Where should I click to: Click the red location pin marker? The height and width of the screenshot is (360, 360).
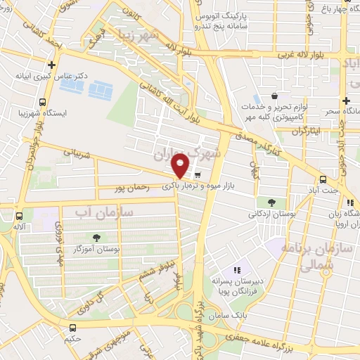pyautogui.click(x=181, y=166)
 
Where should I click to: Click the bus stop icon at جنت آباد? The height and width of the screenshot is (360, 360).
pyautogui.click(x=322, y=179)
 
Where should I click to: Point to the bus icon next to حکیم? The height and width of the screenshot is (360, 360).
pyautogui.click(x=73, y=328)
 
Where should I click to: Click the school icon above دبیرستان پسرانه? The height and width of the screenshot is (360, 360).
pyautogui.click(x=237, y=269)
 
